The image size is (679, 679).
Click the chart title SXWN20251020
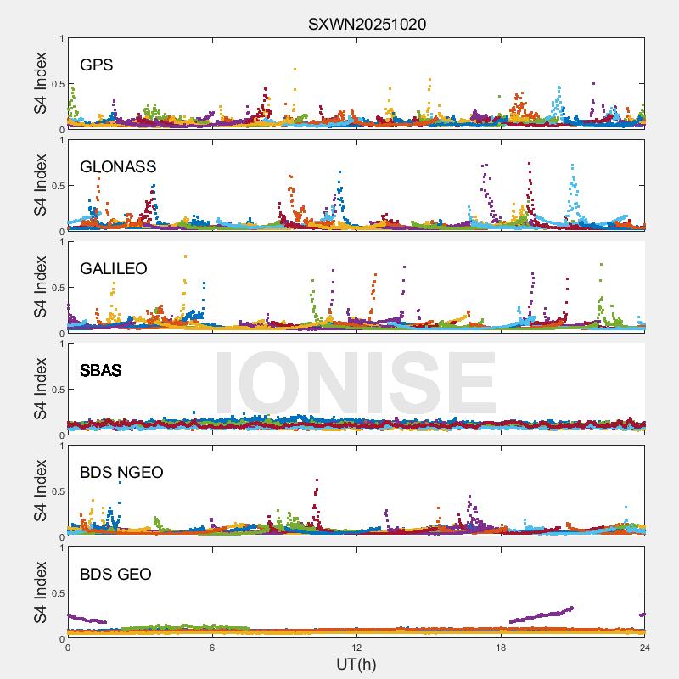367,24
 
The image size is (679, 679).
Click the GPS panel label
97,65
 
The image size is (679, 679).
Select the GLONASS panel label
118,166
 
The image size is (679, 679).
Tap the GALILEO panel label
114,268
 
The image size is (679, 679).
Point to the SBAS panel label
101,370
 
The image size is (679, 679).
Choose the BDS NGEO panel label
121,472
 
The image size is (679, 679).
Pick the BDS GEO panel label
115,574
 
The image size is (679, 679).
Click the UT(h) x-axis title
356,664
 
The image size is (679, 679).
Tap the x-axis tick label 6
212,648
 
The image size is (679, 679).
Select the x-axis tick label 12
356,648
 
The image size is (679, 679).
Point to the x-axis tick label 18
501,648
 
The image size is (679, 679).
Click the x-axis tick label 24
644,648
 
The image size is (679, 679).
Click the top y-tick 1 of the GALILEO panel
61,242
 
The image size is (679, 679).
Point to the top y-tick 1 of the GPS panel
61,38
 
